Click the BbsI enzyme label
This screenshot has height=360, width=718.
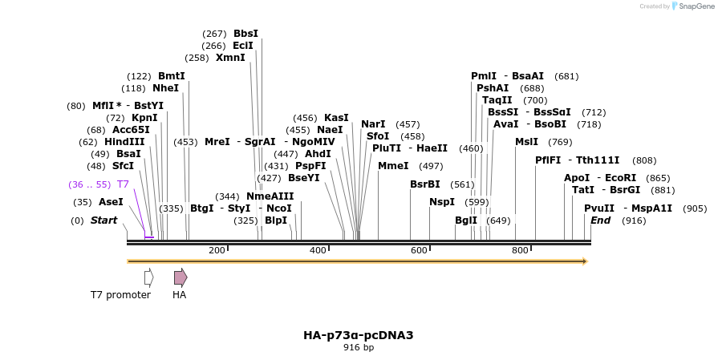(245, 34)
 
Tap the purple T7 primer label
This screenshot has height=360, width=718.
(123, 184)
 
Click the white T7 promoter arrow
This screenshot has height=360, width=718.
(148, 277)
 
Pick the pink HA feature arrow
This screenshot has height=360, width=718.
(181, 277)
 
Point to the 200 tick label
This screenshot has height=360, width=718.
(217, 251)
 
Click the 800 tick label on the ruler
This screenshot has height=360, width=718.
(520, 251)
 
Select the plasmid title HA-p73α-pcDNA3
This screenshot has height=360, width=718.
(359, 335)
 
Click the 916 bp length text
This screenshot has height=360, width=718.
(359, 348)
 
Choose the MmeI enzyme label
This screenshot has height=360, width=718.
(393, 166)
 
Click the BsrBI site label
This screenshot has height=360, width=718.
(425, 184)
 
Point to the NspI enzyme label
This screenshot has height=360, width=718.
(442, 202)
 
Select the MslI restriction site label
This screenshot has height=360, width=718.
(526, 142)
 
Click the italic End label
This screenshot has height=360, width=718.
(601, 220)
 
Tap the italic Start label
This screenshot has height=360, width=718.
(103, 220)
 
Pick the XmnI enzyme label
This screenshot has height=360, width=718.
(230, 58)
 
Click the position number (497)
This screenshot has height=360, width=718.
(431, 166)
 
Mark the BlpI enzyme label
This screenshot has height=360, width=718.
(275, 220)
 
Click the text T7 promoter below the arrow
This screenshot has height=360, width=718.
(120, 295)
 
